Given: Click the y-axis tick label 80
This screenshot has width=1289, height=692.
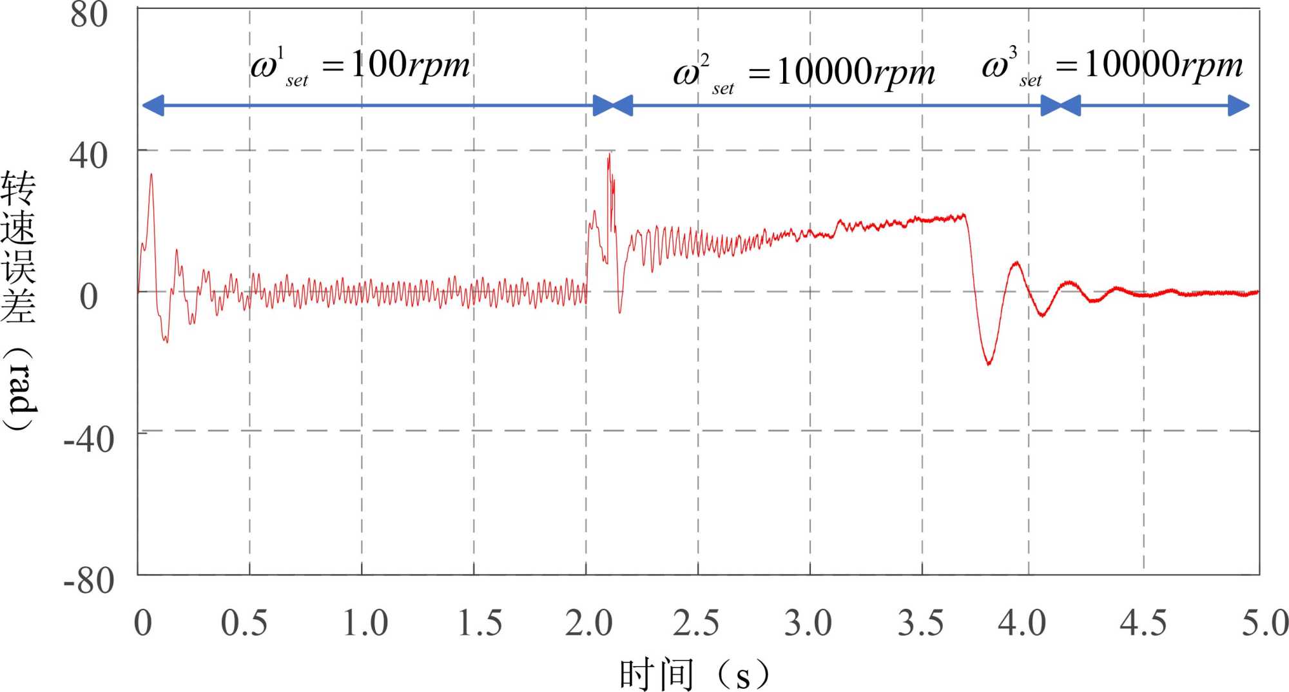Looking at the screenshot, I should point(89,15).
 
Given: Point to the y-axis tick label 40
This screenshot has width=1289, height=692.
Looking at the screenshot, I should point(89,156).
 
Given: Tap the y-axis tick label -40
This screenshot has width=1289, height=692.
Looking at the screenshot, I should point(89,441).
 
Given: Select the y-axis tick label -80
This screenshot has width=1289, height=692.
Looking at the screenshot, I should point(89,581).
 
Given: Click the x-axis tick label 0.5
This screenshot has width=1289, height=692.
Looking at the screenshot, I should point(244,623).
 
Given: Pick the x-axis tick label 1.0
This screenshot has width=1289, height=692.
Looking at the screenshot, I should point(365,623).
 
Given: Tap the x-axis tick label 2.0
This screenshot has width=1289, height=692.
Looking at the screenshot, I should point(588,623).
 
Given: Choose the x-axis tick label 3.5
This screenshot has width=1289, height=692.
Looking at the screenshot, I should point(920,623).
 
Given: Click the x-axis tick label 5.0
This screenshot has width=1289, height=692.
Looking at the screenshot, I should point(1265,623).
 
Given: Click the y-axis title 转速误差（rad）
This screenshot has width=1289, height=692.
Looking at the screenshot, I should point(19,300).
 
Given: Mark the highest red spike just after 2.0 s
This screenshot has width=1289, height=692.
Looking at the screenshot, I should point(608,155).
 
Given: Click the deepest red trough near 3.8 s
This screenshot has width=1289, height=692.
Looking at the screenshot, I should point(989,364).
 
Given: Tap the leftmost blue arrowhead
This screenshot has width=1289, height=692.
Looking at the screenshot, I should point(153,106).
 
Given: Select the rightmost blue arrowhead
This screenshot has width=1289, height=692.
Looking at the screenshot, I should point(1239,106).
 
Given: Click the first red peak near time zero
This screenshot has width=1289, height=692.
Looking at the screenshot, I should point(151,174).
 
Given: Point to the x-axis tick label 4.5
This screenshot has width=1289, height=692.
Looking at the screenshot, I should point(1143,623).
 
